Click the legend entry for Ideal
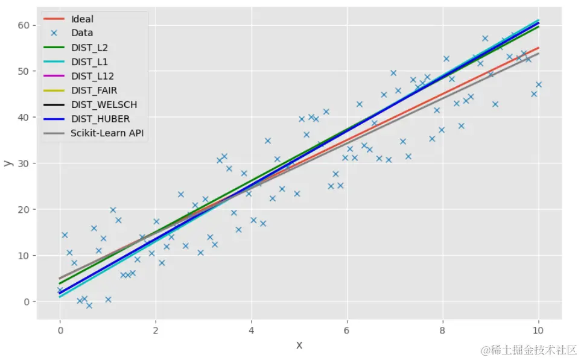click(x=83, y=19)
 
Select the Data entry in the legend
click(x=82, y=33)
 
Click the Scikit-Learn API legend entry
click(x=105, y=133)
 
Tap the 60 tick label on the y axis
click(x=24, y=25)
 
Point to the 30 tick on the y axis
click(x=24, y=163)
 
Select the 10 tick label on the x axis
click(x=538, y=330)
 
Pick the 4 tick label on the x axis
click(x=251, y=330)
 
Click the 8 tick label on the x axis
click(x=443, y=330)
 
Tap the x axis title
click(x=299, y=345)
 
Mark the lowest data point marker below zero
click(x=89, y=306)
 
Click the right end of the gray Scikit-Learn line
click(x=538, y=54)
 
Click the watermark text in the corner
click(x=529, y=350)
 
